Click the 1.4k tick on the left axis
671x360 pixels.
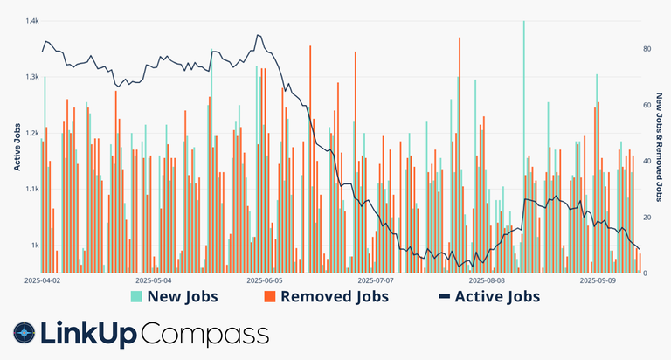[x=32, y=21]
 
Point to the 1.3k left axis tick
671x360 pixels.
[x=32, y=77]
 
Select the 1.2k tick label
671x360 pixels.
[x=32, y=133]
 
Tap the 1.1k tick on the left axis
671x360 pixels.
[x=32, y=189]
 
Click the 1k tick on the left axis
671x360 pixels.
[x=35, y=245]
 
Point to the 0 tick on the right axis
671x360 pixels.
[x=646, y=273]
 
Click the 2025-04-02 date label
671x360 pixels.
[x=44, y=281]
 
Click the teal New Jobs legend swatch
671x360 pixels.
[x=136, y=297]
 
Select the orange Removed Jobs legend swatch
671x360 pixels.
[x=269, y=297]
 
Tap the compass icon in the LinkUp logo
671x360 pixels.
[x=24, y=333]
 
